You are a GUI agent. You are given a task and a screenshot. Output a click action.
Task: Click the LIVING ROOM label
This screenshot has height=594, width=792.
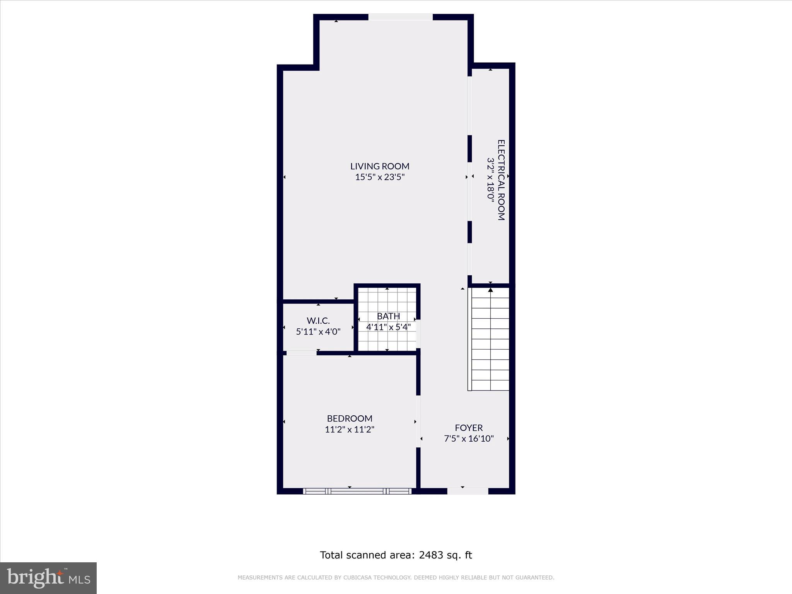pyautogui.click(x=380, y=166)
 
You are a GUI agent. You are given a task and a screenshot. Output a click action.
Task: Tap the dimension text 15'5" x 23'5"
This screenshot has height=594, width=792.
pyautogui.click(x=380, y=178)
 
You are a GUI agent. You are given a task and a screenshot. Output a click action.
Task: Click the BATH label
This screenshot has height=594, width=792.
pyautogui.click(x=388, y=316)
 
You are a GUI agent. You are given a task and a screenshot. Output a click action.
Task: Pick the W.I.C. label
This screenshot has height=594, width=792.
pyautogui.click(x=318, y=321)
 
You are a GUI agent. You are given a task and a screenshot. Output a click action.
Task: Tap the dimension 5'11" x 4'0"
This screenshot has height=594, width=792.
pyautogui.click(x=318, y=332)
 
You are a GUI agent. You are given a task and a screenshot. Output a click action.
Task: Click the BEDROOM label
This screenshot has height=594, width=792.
pyautogui.click(x=350, y=418)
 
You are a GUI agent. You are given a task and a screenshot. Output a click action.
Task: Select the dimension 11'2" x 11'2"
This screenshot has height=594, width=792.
pyautogui.click(x=350, y=430)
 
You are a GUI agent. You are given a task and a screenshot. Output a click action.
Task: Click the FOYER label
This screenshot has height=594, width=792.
pyautogui.click(x=469, y=428)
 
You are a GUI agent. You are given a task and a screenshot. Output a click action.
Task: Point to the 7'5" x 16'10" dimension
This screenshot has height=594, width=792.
pyautogui.click(x=469, y=439)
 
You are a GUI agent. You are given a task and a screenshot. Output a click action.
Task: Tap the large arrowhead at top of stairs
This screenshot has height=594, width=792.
pyautogui.click(x=490, y=290)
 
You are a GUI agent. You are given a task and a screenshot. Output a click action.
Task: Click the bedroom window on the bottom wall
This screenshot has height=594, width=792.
pyautogui.click(x=357, y=491)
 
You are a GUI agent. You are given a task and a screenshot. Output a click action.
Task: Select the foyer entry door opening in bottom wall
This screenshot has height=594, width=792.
pyautogui.click(x=468, y=491)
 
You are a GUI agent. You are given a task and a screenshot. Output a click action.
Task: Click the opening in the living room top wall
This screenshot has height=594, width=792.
pyautogui.click(x=400, y=17)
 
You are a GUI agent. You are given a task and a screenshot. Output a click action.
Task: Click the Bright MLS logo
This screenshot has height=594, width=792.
pyautogui.click(x=48, y=578)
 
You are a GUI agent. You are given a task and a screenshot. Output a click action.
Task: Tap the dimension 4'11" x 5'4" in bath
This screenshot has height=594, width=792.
pyautogui.click(x=388, y=327)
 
